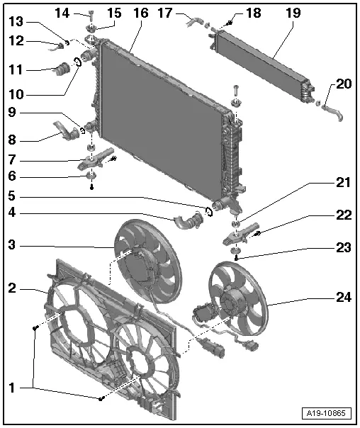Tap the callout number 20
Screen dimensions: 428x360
344,84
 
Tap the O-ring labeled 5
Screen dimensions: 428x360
209,210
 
